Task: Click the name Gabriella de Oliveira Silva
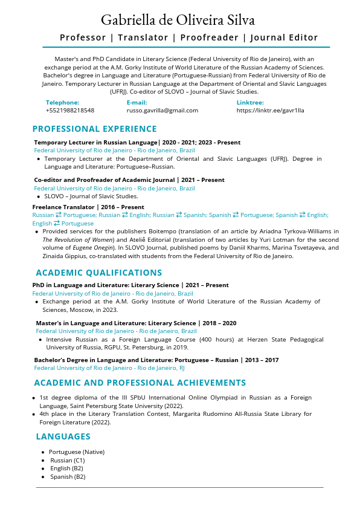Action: pyautogui.click(x=178, y=20)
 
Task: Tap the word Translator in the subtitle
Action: pyautogui.click(x=143, y=37)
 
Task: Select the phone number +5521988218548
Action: pyautogui.click(x=69, y=111)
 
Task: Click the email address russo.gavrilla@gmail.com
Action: pyautogui.click(x=162, y=111)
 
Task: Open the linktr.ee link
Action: pyautogui.click(x=270, y=111)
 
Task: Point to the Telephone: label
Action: pyautogui.click(x=62, y=103)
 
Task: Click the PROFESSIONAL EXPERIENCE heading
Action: pyautogui.click(x=94, y=129)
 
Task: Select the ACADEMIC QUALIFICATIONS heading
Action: pyautogui.click(x=98, y=273)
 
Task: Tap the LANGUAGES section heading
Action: pyautogui.click(x=63, y=436)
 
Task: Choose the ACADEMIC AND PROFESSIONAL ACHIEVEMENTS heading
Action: pyautogui.click(x=140, y=383)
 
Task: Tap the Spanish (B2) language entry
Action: pyautogui.click(x=68, y=476)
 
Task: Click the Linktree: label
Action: pyautogui.click(x=249, y=103)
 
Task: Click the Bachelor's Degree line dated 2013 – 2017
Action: pyautogui.click(x=156, y=360)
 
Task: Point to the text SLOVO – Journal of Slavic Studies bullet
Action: pyautogui.click(x=91, y=196)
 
